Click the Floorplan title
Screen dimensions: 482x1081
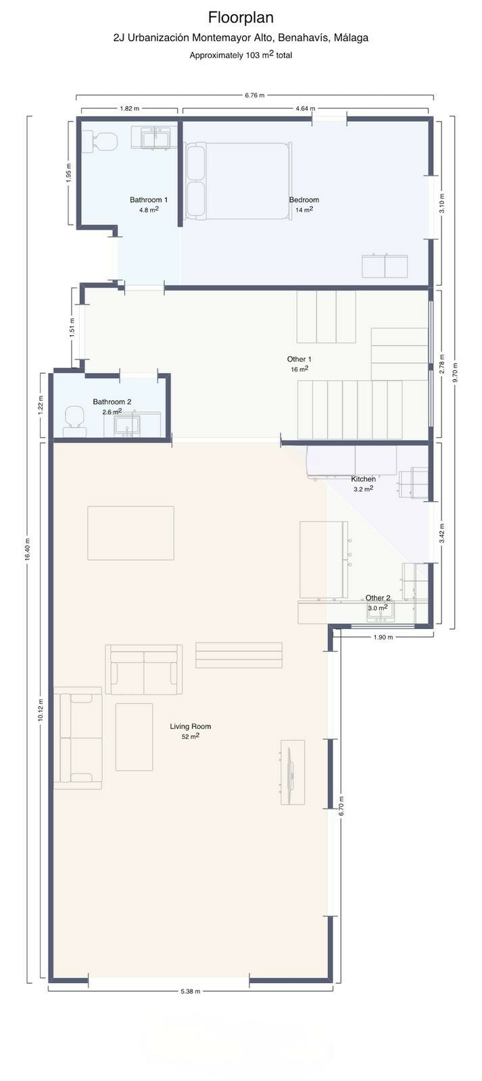click(241, 18)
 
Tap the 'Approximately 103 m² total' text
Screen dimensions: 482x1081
click(241, 55)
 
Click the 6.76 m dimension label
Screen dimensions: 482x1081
click(255, 95)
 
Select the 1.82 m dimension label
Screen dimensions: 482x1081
click(129, 109)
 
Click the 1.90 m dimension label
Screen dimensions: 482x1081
click(383, 637)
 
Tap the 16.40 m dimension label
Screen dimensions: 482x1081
click(28, 549)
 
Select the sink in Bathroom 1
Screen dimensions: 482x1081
click(155, 138)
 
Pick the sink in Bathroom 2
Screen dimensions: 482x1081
click(126, 425)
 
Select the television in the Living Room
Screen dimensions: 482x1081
click(292, 772)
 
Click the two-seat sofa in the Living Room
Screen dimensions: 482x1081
click(143, 670)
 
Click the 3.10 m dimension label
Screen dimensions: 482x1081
click(442, 203)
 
